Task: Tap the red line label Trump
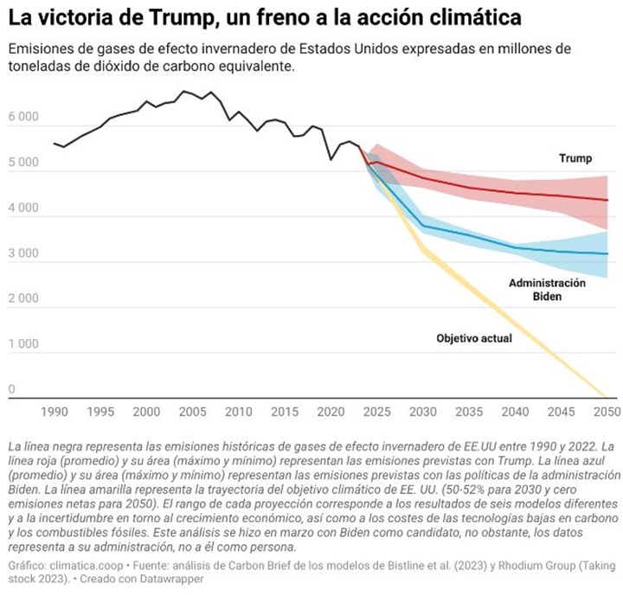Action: click(575, 158)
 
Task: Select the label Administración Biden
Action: click(547, 290)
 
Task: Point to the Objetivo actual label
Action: click(474, 338)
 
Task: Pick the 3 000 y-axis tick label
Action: click(23, 254)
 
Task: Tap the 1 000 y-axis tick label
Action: click(23, 344)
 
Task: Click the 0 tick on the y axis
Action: click(12, 390)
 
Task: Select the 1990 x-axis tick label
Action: click(55, 411)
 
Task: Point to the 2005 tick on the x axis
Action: click(192, 411)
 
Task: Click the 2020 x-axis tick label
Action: click(331, 411)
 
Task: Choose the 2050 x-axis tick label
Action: click(607, 411)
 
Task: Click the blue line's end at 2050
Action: click(607, 253)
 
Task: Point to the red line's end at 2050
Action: click(607, 200)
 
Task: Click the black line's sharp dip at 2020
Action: click(331, 159)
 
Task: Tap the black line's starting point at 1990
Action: click(55, 143)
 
